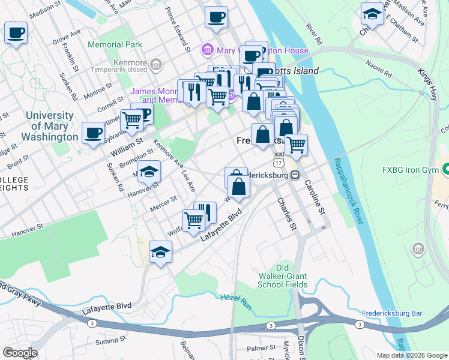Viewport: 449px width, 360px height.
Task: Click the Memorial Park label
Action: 115,44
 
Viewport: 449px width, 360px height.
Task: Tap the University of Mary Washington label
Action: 52,126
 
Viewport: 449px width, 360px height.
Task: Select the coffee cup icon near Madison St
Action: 16,32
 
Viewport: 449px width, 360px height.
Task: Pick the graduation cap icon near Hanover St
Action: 149,172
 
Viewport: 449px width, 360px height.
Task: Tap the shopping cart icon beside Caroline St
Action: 295,145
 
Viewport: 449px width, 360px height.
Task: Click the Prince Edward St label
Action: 178,30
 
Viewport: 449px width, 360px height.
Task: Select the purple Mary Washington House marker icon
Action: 207,51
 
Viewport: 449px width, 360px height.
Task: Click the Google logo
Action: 19,353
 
